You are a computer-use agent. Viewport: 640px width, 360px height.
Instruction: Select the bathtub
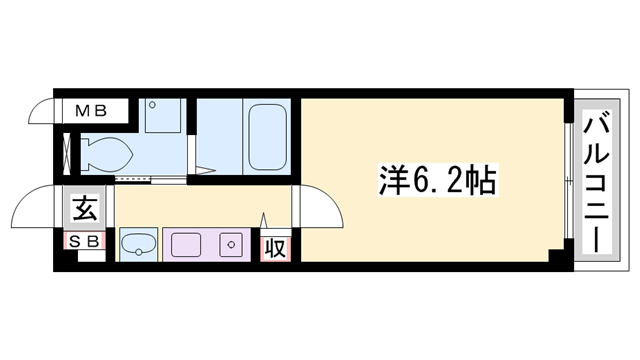[267, 136]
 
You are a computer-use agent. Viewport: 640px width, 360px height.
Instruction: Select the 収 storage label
[276, 246]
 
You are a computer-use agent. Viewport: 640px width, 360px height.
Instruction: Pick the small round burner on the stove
[231, 243]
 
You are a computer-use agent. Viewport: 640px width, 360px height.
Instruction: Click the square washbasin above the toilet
[160, 117]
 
